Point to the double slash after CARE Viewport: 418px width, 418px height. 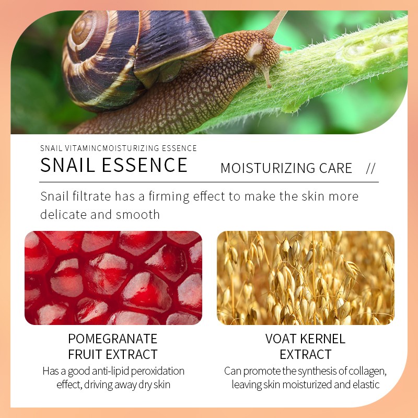pyautogui.click(x=371, y=168)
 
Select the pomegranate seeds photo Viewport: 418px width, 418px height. pyautogui.click(x=113, y=277)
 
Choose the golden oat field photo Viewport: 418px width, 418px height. pyautogui.click(x=305, y=277)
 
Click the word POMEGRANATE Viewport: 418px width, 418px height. pyautogui.click(x=113, y=339)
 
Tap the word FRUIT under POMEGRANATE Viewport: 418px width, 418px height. pyautogui.click(x=86, y=354)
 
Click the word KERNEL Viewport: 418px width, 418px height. pyautogui.click(x=323, y=339)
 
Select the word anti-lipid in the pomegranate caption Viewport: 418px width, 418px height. pyautogui.click(x=104, y=371)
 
